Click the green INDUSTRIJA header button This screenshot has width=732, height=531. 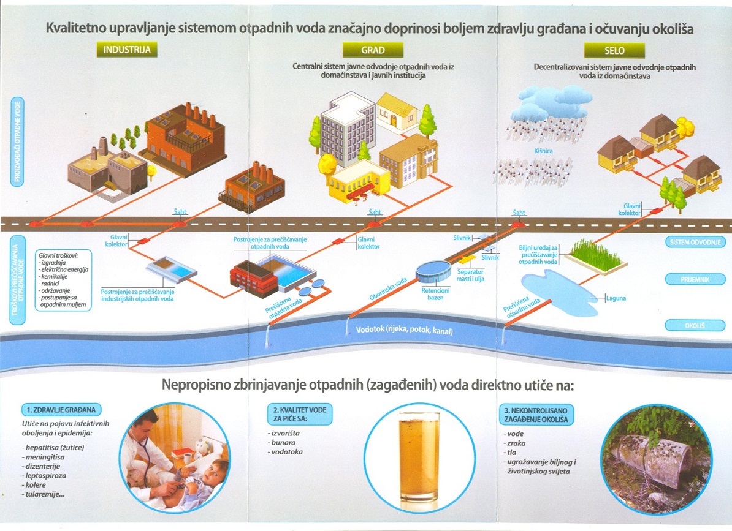126,50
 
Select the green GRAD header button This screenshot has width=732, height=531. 373,50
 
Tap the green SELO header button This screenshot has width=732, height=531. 614,50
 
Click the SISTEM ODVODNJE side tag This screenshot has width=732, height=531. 695,242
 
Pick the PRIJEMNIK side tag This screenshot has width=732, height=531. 695,279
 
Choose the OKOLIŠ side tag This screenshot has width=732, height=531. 695,325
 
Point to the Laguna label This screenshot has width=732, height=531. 616,298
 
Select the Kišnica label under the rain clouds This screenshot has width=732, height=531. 543,151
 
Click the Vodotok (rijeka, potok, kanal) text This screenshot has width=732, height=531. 404,330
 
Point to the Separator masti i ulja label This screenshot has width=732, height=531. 470,275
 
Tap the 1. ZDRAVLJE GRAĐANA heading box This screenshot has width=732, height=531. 61,410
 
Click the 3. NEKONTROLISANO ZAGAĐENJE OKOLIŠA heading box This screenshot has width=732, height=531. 536,415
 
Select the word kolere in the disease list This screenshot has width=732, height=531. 36,485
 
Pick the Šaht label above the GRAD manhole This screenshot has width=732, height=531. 375,212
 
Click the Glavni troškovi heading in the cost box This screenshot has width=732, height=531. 58,255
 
